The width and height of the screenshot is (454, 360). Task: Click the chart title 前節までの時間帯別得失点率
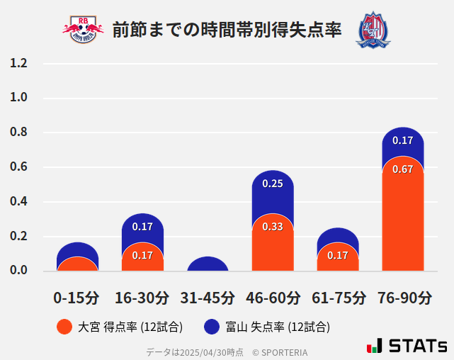[x=227, y=29]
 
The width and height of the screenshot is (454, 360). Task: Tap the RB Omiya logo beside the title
[x=83, y=29]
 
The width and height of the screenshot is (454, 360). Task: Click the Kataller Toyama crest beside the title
[x=373, y=29]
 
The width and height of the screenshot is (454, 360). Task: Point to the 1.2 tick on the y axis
[x=18, y=63]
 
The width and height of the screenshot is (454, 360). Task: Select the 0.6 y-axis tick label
[x=18, y=167]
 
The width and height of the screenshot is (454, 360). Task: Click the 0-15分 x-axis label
[x=76, y=297]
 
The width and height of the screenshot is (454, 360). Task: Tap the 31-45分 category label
[x=207, y=297]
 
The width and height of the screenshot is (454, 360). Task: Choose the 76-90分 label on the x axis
[x=404, y=297]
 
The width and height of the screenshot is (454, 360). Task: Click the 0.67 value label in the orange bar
[x=402, y=169]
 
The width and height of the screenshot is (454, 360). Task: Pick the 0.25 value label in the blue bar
[x=273, y=184]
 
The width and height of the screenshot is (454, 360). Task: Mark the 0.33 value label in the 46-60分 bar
[x=273, y=227]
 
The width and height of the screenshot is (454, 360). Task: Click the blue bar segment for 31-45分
[x=208, y=264]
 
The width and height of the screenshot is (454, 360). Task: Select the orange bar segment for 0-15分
[x=77, y=264]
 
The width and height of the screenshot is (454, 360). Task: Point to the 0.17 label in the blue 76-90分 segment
[x=402, y=140]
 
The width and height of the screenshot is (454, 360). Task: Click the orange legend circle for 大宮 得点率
[x=64, y=327]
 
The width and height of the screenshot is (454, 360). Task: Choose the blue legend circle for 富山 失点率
[x=211, y=327]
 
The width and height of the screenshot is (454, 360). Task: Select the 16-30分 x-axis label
[x=142, y=297]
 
